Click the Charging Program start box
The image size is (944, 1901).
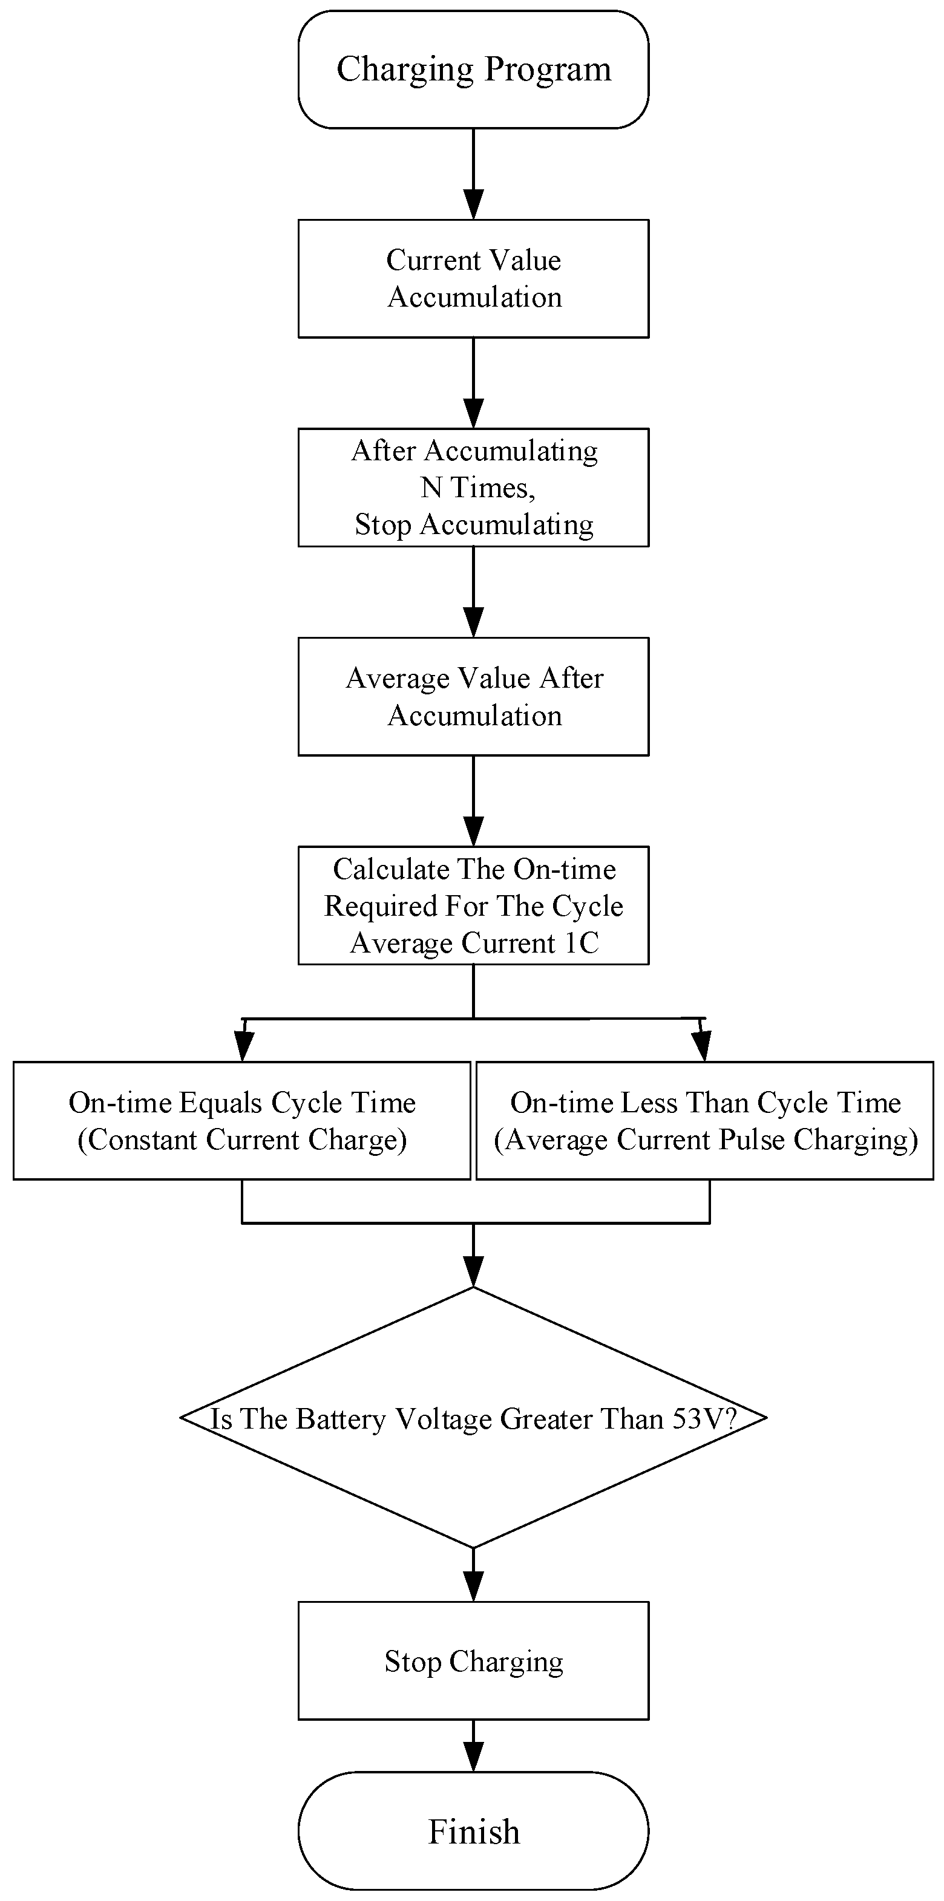(x=473, y=70)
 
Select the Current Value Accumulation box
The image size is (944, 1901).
(x=473, y=278)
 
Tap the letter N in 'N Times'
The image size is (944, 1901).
(x=430, y=487)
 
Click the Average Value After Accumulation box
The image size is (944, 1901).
(x=473, y=696)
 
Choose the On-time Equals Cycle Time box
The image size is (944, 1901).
(x=241, y=1120)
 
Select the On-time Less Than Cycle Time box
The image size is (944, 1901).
(x=705, y=1120)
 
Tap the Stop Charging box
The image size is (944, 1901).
(x=473, y=1660)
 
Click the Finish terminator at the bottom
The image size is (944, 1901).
(x=473, y=1831)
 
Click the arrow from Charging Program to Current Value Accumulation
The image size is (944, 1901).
(x=473, y=174)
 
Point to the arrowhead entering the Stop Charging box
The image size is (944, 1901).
(x=473, y=1586)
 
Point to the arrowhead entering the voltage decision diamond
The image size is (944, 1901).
(x=473, y=1271)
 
